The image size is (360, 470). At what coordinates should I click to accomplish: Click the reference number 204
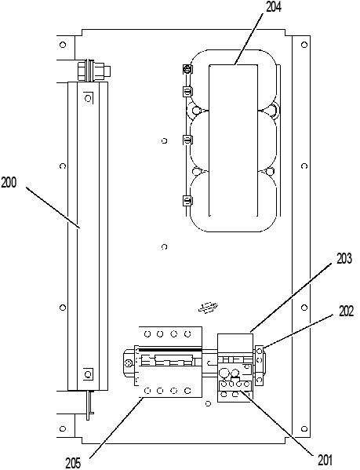pyautogui.click(x=274, y=7)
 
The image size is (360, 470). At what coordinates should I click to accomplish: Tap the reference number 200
pyautogui.click(x=9, y=182)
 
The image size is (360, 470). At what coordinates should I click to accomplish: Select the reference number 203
pyautogui.click(x=344, y=259)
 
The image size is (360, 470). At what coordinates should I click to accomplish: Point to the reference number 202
pyautogui.click(x=347, y=312)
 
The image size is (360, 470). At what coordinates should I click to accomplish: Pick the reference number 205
pyautogui.click(x=74, y=464)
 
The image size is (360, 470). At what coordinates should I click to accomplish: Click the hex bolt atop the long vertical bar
pyautogui.click(x=94, y=71)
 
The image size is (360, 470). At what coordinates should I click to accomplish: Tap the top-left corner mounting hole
pyautogui.click(x=63, y=45)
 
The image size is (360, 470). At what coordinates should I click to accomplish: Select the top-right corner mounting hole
pyautogui.click(x=304, y=45)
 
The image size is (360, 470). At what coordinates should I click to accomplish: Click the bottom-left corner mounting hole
pyautogui.click(x=63, y=428)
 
